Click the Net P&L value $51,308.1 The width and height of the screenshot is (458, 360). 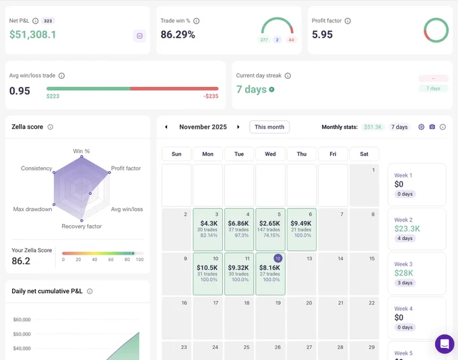click(x=32, y=34)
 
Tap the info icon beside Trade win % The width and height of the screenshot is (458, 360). click(x=196, y=21)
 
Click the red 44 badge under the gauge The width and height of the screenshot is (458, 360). click(x=291, y=40)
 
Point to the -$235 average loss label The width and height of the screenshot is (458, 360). click(x=211, y=96)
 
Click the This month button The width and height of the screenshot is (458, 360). click(x=269, y=127)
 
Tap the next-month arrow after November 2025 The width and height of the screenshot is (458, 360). click(x=238, y=127)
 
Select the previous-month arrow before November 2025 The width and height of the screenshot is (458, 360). click(x=166, y=127)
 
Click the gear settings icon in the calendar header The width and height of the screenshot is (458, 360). click(x=421, y=127)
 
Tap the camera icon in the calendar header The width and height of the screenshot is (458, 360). click(x=432, y=127)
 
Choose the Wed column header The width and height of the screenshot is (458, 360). click(x=270, y=154)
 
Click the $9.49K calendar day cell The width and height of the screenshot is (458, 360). click(x=302, y=230)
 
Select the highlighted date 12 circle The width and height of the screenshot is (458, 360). click(x=277, y=258)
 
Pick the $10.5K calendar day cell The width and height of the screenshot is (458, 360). click(x=207, y=274)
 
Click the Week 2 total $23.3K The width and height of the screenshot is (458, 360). click(x=407, y=229)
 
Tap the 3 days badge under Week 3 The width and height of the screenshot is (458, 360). click(x=405, y=282)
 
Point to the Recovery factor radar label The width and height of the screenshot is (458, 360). click(x=81, y=227)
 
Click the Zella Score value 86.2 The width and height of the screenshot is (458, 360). click(x=21, y=261)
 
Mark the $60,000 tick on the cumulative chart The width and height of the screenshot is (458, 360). click(x=22, y=320)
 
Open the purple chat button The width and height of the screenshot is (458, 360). click(x=445, y=344)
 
